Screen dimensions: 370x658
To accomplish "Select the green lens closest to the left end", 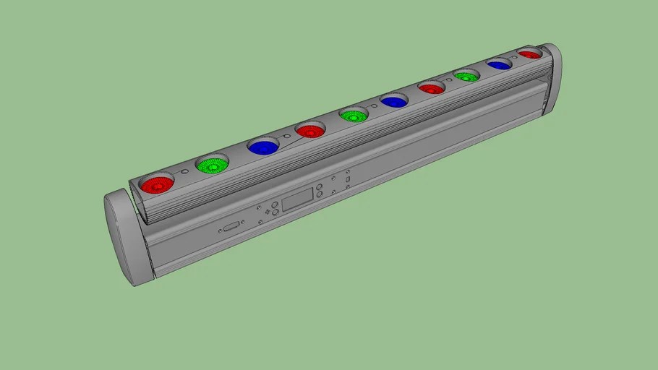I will pyautogui.click(x=212, y=165).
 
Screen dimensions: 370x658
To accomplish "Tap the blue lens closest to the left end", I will pyautogui.click(x=262, y=147).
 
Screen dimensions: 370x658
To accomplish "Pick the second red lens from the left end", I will pyautogui.click(x=309, y=132).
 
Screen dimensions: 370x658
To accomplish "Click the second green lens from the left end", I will pyautogui.click(x=354, y=115).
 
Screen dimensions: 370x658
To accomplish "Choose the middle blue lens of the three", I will pyautogui.click(x=394, y=102).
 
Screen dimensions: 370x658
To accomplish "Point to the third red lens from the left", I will pyautogui.click(x=432, y=88).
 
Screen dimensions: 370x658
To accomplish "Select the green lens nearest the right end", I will pyautogui.click(x=466, y=76).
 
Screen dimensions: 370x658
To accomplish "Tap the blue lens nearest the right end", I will pyautogui.click(x=499, y=65).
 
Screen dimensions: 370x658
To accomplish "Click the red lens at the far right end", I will pyautogui.click(x=529, y=54).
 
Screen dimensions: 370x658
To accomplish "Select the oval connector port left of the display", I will pyautogui.click(x=231, y=227).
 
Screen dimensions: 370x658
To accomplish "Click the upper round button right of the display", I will pyautogui.click(x=319, y=186).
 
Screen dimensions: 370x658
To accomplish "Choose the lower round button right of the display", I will pyautogui.click(x=320, y=195).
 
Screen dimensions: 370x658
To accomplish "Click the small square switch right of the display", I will pyautogui.click(x=347, y=179).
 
